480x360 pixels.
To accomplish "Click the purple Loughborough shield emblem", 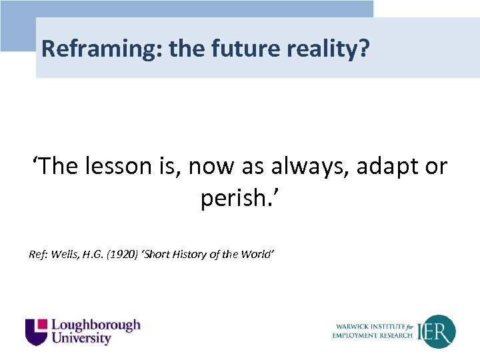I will [x=37, y=331].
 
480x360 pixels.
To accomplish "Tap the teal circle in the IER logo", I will [x=440, y=331].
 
